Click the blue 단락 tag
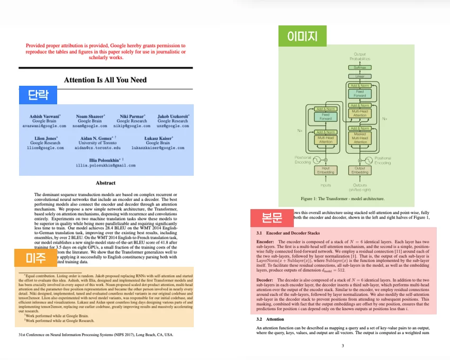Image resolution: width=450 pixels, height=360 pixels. pyautogui.click(x=38, y=95)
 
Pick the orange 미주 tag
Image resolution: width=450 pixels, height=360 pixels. pyautogui.click(x=35, y=258)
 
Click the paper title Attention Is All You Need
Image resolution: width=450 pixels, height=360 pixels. pyautogui.click(x=105, y=80)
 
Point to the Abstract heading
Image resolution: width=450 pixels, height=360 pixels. pyautogui.click(x=105, y=183)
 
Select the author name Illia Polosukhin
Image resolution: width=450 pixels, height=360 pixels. pyautogui.click(x=105, y=159)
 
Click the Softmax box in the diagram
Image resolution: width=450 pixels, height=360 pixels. pyautogui.click(x=360, y=68)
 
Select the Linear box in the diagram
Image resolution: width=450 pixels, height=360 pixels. pyautogui.click(x=360, y=76)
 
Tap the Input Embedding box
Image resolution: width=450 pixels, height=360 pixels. pyautogui.click(x=326, y=170)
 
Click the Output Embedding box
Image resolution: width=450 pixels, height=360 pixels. pyautogui.click(x=360, y=170)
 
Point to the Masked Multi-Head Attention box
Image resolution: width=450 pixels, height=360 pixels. pyautogui.click(x=360, y=139)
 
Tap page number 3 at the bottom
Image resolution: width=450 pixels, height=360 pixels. pyautogui.click(x=343, y=346)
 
